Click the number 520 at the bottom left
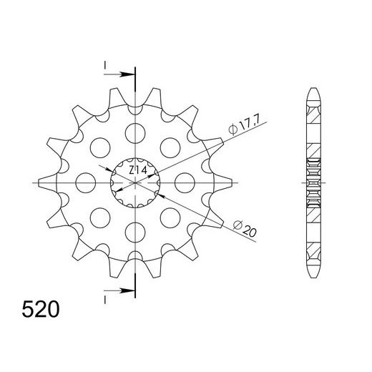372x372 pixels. tap(41, 310)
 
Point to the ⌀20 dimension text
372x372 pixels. tap(244, 229)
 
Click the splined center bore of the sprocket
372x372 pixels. tap(134, 182)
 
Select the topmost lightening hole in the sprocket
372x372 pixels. tap(134, 132)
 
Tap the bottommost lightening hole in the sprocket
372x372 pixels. tap(134, 232)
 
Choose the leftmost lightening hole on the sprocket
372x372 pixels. tap(84, 182)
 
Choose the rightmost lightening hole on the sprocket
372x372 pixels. tap(185, 182)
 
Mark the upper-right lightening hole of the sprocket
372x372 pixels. tap(170, 147)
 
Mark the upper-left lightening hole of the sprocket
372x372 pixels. tap(99, 147)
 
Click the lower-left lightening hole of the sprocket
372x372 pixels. tap(99, 217)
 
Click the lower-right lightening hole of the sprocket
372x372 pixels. tap(170, 217)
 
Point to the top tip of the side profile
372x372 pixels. tap(313, 89)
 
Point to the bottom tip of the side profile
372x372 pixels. tap(313, 276)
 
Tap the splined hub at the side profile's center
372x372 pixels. tap(313, 182)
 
